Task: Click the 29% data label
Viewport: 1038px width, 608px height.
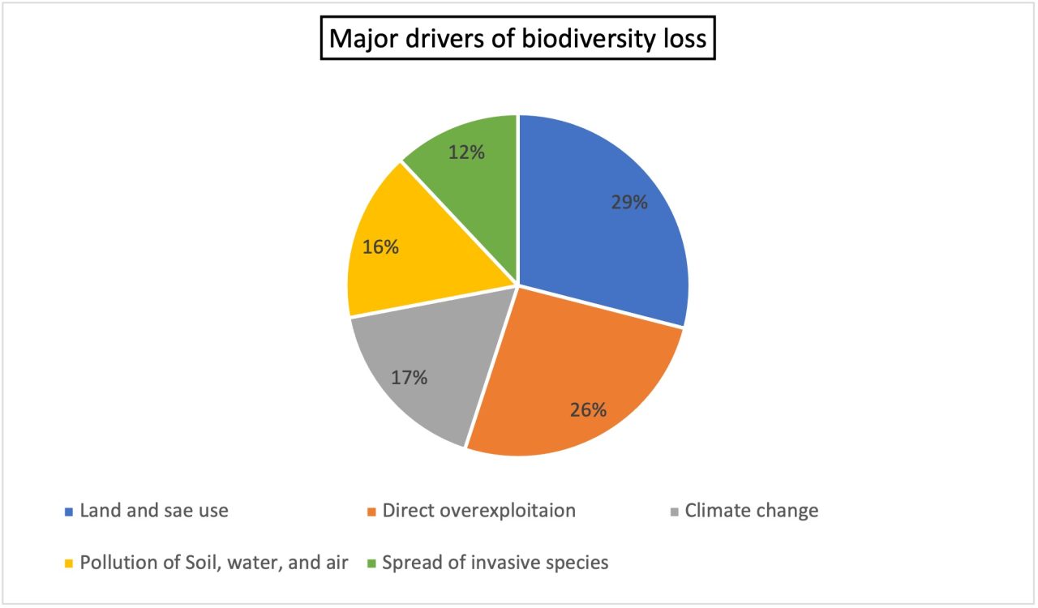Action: pyautogui.click(x=629, y=203)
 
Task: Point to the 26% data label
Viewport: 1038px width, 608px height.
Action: pyautogui.click(x=588, y=409)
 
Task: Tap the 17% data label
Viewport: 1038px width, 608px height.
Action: pyautogui.click(x=409, y=377)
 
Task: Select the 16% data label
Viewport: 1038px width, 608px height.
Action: pyautogui.click(x=380, y=247)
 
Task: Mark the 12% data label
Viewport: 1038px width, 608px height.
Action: pyautogui.click(x=466, y=152)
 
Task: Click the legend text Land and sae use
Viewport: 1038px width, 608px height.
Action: pyautogui.click(x=154, y=511)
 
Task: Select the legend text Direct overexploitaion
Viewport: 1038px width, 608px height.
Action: pyautogui.click(x=479, y=511)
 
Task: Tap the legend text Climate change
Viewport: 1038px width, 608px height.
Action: pyautogui.click(x=752, y=511)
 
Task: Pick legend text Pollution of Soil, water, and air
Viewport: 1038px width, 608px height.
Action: pyautogui.click(x=214, y=562)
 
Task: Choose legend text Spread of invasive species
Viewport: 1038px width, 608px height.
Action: pyautogui.click(x=495, y=562)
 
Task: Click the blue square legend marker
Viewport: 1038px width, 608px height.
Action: pyautogui.click(x=69, y=512)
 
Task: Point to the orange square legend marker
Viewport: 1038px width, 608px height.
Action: pyautogui.click(x=371, y=512)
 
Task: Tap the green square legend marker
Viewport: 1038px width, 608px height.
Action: pyautogui.click(x=371, y=563)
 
